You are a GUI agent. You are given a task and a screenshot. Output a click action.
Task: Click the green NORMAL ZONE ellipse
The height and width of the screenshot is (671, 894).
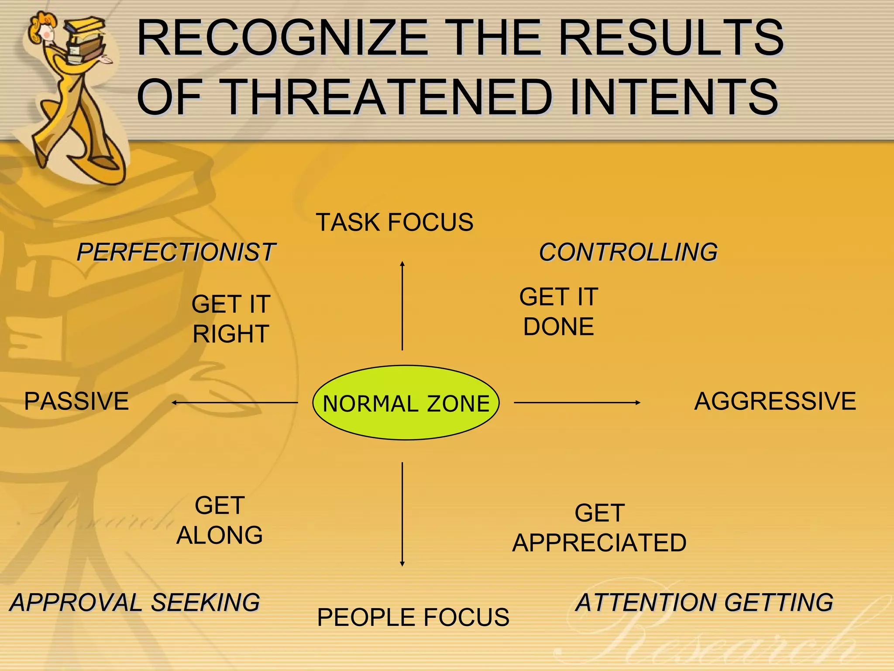click(x=406, y=402)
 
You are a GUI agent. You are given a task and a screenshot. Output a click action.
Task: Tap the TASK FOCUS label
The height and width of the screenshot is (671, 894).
click(x=394, y=222)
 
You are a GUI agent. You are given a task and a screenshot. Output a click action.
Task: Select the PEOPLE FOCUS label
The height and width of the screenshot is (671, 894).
click(x=413, y=617)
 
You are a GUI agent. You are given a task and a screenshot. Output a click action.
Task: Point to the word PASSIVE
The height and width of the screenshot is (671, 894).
click(x=76, y=401)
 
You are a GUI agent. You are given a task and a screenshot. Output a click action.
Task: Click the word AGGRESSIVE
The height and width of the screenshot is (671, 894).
click(x=775, y=401)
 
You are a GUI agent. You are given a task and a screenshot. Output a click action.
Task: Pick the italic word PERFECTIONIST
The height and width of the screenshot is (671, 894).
click(x=175, y=252)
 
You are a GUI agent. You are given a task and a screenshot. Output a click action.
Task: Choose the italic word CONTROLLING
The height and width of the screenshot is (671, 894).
click(x=628, y=252)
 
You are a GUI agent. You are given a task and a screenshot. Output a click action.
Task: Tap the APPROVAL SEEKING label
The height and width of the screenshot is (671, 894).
click(x=135, y=602)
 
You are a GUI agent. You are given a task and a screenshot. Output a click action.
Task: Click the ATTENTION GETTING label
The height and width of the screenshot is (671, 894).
click(x=704, y=602)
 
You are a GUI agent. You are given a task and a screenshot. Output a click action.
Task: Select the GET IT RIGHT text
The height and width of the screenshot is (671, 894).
click(x=231, y=319)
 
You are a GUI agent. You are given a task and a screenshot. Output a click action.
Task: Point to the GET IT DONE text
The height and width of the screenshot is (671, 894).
click(x=558, y=311)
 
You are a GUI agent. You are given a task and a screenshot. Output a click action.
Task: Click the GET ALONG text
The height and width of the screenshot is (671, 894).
click(x=220, y=520)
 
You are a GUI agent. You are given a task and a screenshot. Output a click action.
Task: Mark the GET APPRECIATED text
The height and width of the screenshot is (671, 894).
click(x=599, y=528)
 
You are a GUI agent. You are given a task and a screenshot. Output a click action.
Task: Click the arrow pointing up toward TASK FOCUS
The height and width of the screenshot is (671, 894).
click(x=402, y=306)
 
